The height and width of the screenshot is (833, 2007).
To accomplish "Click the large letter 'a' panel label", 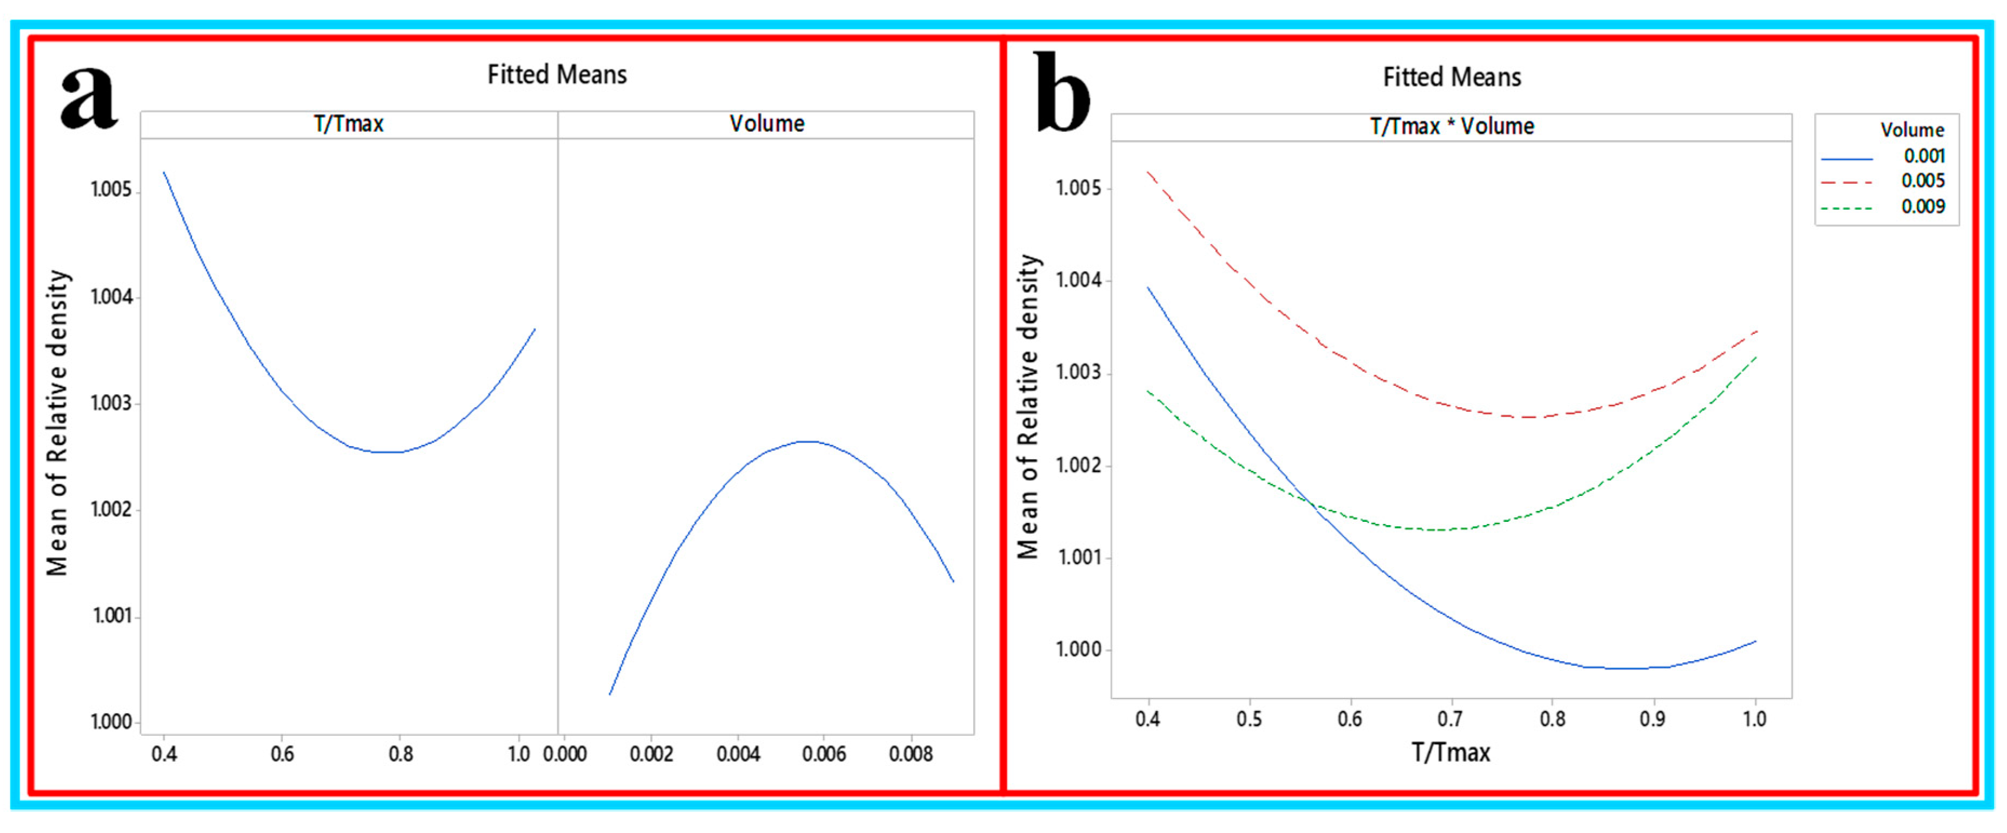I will point(89,97).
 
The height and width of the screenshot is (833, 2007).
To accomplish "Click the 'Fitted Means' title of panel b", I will point(1451,77).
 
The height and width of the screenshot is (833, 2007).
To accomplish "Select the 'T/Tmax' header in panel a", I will point(348,124).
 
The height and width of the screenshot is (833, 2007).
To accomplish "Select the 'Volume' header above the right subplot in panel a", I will point(767,124).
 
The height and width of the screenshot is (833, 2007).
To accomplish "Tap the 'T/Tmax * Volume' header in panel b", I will point(1451,126).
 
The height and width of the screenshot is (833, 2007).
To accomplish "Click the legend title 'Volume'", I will point(1912,130).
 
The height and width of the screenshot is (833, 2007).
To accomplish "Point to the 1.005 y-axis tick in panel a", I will point(111,190).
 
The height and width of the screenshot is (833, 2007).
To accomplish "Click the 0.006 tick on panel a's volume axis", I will point(824,754).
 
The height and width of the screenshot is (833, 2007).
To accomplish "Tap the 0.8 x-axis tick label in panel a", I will point(400,754).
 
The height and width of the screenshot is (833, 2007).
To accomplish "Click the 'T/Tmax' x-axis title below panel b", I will point(1451,753).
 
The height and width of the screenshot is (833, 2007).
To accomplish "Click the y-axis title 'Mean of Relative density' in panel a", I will point(58,423).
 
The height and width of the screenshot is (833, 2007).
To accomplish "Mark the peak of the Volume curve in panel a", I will point(810,441).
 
